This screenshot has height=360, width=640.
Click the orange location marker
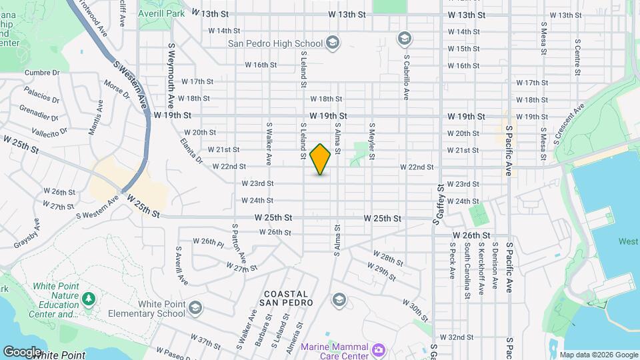coord(321,159)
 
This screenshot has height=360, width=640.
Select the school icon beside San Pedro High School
coord(333,44)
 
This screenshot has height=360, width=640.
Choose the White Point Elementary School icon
coord(195,307)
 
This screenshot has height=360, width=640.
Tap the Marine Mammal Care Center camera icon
coord(379,349)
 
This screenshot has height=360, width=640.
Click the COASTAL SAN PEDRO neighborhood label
coord(286,298)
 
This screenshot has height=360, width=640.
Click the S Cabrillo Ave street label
coord(405,76)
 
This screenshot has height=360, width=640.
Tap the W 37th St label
coord(205,342)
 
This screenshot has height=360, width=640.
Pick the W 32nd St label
coord(461,337)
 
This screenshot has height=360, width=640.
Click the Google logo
coord(23,351)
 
